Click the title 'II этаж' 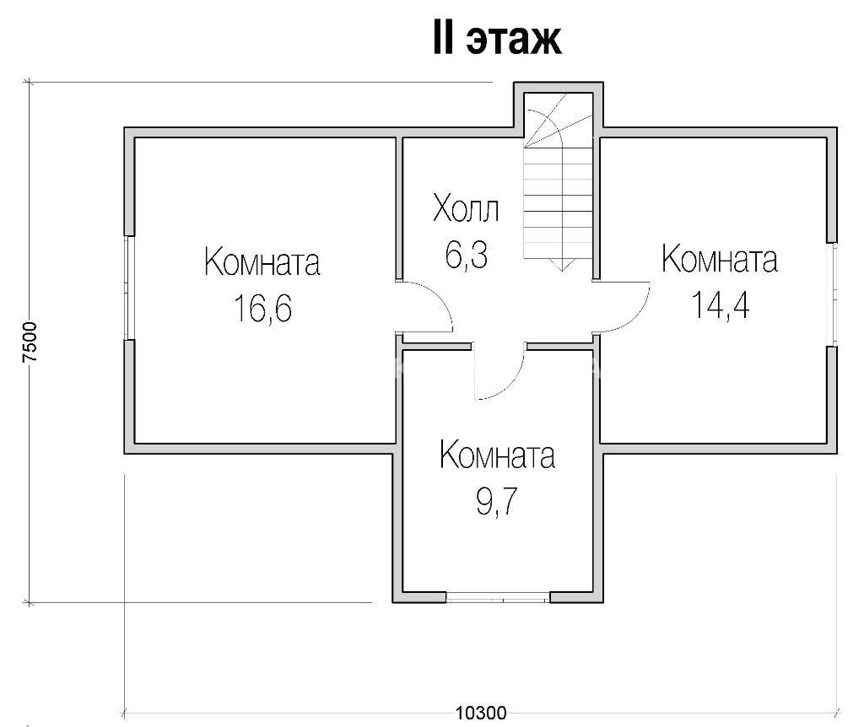click(x=497, y=39)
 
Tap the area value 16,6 click(x=263, y=308)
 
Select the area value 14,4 click(x=721, y=304)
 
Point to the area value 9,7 click(x=497, y=502)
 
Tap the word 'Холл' click(x=466, y=208)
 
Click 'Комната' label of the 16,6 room click(x=262, y=261)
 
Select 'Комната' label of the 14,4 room click(x=720, y=259)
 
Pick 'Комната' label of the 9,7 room click(x=497, y=455)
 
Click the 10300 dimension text click(x=481, y=714)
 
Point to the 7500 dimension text click(x=31, y=342)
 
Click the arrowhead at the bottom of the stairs click(x=561, y=266)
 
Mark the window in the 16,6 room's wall click(x=128, y=288)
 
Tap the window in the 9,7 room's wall click(x=498, y=597)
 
